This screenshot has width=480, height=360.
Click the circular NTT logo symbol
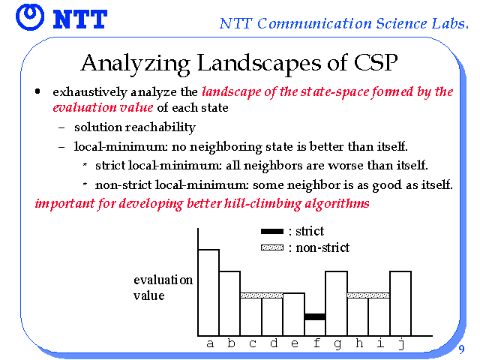[30, 17]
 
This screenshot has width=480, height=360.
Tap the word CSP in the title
[376, 62]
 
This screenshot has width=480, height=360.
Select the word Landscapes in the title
[259, 64]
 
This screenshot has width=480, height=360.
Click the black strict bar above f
[315, 316]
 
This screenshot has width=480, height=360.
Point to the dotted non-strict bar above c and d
[262, 295]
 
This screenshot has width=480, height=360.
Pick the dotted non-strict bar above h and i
[368, 295]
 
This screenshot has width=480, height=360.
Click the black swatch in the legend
[272, 232]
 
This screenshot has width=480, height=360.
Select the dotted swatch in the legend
[272, 247]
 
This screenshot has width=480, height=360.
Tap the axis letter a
[210, 344]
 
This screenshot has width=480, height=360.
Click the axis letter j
[401, 344]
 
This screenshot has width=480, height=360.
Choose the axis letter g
[337, 345]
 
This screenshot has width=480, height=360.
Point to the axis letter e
[295, 344]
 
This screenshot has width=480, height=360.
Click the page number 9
[461, 349]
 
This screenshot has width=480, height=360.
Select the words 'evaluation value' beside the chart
[163, 288]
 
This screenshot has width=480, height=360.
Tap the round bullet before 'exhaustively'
[37, 91]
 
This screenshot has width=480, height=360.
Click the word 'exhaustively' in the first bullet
[90, 92]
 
